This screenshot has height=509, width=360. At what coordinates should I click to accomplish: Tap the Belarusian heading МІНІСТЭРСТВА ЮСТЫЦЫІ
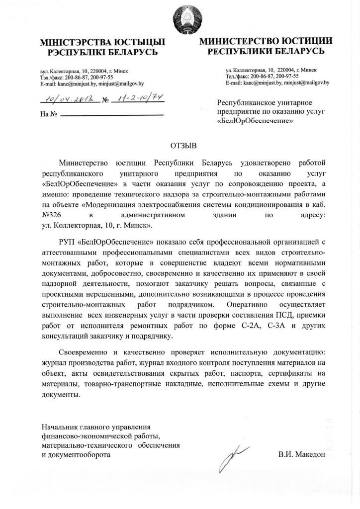(102, 43)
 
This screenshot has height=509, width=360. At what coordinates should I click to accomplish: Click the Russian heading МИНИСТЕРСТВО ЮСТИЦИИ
(266, 41)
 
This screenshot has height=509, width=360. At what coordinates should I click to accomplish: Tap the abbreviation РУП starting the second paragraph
(67, 243)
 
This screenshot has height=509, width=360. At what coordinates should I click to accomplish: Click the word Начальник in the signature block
(60, 427)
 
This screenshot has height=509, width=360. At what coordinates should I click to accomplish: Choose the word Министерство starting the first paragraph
(86, 163)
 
